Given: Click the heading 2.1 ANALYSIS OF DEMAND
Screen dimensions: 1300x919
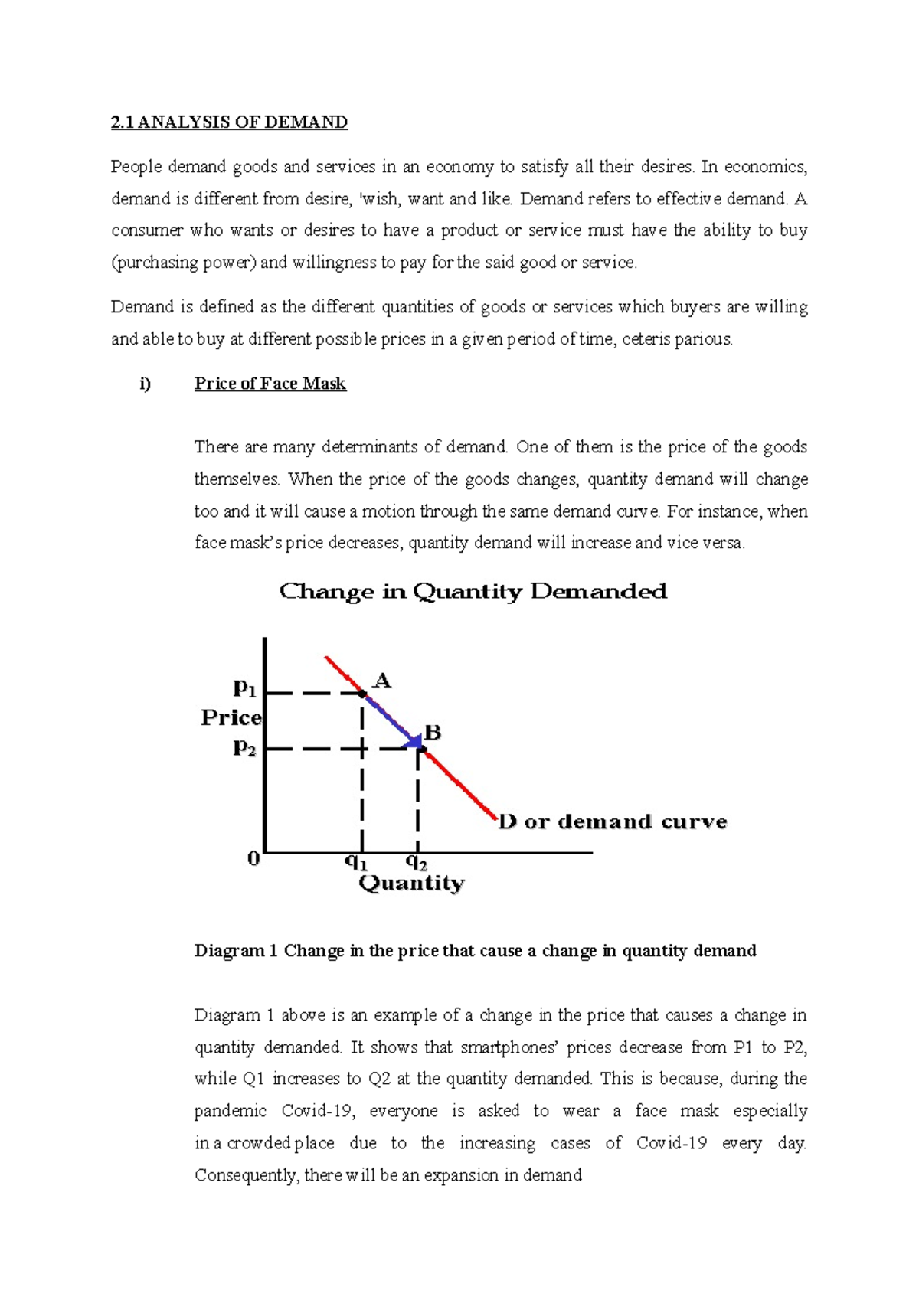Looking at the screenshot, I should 229,122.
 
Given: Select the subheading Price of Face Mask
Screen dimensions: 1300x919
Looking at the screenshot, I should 270,384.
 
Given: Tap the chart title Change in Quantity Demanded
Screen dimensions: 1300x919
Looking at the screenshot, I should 473,592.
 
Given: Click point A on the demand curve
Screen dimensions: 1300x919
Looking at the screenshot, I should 363,694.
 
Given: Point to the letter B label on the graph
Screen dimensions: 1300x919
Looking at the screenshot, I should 433,733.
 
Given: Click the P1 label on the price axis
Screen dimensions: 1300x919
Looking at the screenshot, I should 244,688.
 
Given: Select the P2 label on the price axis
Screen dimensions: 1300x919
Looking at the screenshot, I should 244,747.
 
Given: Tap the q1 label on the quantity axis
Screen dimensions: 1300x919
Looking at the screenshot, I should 355,863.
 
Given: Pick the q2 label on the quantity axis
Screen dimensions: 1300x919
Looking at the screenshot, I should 416,863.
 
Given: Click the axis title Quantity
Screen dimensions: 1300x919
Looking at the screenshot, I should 411,884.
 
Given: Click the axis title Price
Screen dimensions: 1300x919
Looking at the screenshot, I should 231,717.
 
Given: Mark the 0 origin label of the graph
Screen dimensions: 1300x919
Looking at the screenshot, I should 253,859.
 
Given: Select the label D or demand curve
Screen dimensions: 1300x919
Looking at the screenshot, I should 612,822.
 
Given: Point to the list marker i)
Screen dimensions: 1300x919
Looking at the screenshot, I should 146,384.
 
